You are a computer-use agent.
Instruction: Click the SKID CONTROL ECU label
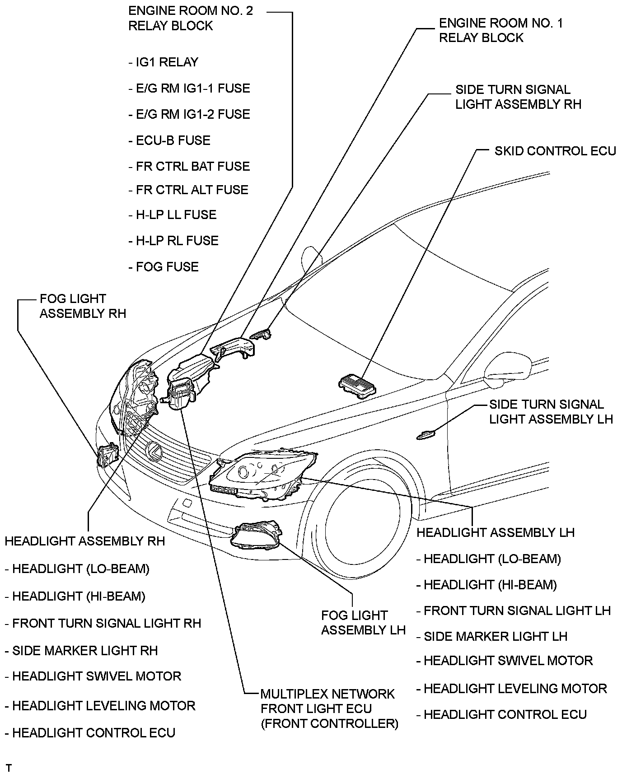point(555,151)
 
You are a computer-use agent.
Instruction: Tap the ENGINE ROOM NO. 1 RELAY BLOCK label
point(501,30)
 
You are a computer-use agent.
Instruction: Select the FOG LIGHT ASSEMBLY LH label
point(363,623)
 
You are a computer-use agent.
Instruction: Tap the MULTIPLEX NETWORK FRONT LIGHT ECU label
point(329,708)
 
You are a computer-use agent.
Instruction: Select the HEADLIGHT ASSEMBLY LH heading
point(495,533)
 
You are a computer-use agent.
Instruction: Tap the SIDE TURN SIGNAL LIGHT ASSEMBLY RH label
point(518,97)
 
